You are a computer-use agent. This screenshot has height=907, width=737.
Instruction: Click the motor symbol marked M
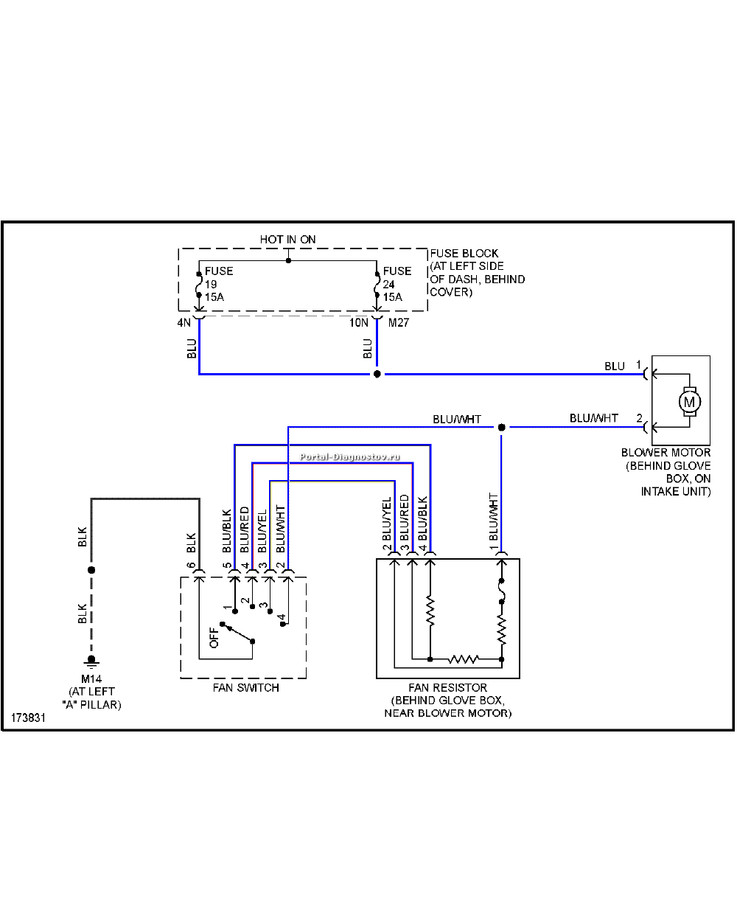point(689,402)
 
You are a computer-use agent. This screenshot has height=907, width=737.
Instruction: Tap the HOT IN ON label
point(287,240)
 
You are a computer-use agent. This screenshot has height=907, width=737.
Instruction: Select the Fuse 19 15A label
point(219,284)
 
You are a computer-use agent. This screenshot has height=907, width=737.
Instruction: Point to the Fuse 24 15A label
point(397,284)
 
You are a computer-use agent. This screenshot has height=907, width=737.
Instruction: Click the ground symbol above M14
point(91,661)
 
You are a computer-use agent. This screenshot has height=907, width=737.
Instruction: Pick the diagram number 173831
point(28,718)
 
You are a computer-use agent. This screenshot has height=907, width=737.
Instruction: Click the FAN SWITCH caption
point(245,688)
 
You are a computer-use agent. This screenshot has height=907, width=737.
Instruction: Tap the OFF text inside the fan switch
point(214,637)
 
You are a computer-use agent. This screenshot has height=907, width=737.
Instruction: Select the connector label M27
point(398,323)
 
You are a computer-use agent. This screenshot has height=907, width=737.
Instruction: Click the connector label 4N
point(184,323)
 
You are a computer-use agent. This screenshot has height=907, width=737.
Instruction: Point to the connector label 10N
point(358,323)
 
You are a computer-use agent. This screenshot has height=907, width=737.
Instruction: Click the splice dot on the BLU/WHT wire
point(501,427)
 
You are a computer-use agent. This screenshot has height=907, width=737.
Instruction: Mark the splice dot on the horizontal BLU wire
point(377,375)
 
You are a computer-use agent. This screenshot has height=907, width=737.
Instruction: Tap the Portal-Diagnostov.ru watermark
point(350,457)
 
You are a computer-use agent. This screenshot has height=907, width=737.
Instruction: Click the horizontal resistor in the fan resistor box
point(463,659)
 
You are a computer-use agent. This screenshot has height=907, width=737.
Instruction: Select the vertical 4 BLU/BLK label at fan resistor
point(422,524)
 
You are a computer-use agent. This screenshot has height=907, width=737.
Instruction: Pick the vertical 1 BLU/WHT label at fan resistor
point(493,523)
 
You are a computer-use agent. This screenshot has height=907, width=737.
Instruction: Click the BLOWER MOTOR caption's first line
point(666,453)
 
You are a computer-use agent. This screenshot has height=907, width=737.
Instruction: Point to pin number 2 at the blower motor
point(639,418)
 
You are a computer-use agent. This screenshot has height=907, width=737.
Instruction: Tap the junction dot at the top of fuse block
point(288,260)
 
